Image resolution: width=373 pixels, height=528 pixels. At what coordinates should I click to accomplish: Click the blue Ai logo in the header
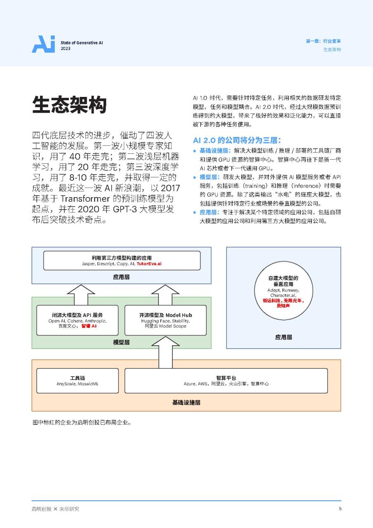click(x=43, y=44)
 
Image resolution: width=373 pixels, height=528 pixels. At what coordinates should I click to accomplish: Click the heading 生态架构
click(x=69, y=105)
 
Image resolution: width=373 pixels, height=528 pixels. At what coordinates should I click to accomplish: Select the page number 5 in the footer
click(x=340, y=509)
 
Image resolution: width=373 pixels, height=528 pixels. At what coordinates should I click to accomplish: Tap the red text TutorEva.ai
click(x=149, y=264)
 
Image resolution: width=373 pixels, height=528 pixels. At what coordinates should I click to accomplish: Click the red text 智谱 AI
click(x=89, y=326)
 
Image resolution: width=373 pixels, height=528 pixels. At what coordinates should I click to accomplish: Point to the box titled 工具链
click(x=78, y=381)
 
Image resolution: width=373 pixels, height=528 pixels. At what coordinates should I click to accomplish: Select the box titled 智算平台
click(x=226, y=381)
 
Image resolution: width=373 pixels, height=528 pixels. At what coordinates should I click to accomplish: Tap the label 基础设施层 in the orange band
click(x=186, y=403)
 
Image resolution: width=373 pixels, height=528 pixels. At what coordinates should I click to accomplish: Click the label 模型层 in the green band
click(x=121, y=342)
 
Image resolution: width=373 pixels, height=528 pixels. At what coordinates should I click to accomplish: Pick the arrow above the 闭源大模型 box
click(x=81, y=295)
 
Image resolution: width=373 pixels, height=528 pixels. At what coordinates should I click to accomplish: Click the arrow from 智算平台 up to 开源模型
click(x=165, y=352)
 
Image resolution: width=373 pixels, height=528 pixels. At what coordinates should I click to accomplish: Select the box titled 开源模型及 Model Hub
click(x=165, y=320)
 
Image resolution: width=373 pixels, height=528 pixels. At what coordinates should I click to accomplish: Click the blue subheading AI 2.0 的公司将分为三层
click(x=237, y=140)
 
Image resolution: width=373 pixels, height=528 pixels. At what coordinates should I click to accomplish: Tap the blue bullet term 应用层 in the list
click(x=208, y=212)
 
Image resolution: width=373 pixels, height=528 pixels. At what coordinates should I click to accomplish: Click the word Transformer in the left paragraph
click(x=85, y=198)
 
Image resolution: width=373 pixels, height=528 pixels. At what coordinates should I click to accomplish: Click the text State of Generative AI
click(x=82, y=42)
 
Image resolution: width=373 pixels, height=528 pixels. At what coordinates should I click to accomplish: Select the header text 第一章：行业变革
click(x=323, y=41)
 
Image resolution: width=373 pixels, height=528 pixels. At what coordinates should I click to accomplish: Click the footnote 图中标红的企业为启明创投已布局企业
click(x=82, y=422)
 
